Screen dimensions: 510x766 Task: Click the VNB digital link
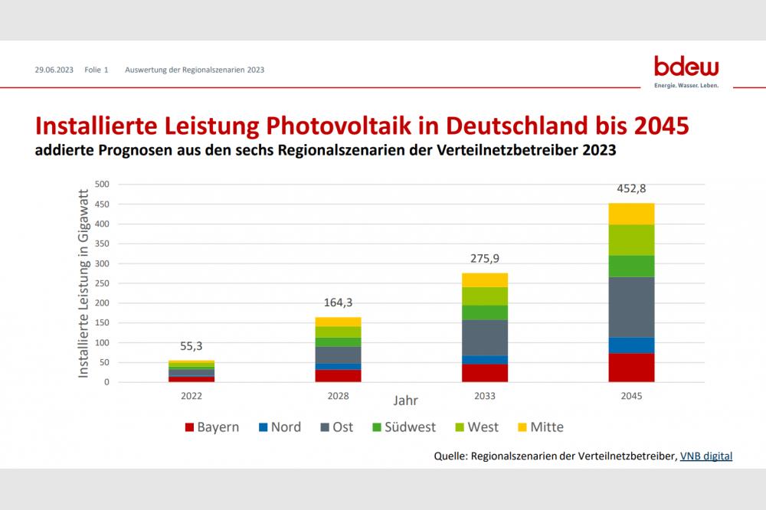pos(705,456)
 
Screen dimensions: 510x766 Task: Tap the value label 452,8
pos(632,188)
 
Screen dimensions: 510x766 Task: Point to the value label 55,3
pos(191,346)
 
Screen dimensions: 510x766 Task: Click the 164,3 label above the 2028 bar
pos(338,302)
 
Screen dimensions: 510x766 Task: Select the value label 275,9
pos(485,259)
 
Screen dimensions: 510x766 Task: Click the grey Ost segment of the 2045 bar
pos(632,306)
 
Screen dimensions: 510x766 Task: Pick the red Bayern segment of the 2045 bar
pos(632,368)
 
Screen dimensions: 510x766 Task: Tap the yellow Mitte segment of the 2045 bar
pos(632,214)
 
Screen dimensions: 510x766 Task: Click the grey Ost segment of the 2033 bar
pos(485,337)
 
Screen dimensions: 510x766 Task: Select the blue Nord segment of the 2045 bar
pos(632,345)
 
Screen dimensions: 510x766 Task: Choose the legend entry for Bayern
pos(211,427)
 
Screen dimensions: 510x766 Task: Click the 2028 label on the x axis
pos(338,396)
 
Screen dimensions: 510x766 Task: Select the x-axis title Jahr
pos(406,400)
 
